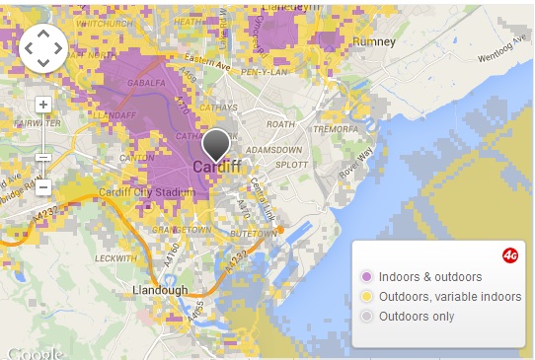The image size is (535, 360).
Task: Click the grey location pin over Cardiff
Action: click(x=216, y=146)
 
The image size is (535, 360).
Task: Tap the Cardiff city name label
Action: click(x=217, y=168)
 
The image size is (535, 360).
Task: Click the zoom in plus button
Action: click(x=43, y=104)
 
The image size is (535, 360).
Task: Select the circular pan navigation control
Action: click(x=43, y=47)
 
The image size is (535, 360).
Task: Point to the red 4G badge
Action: click(x=510, y=254)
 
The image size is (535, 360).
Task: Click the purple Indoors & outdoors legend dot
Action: click(x=367, y=276)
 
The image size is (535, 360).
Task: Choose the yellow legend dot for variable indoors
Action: click(x=367, y=296)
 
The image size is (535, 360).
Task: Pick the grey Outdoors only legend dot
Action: click(x=367, y=316)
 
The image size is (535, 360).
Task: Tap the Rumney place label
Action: click(x=375, y=42)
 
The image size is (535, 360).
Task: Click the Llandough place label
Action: click(x=160, y=290)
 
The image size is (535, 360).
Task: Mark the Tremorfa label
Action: click(x=334, y=129)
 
